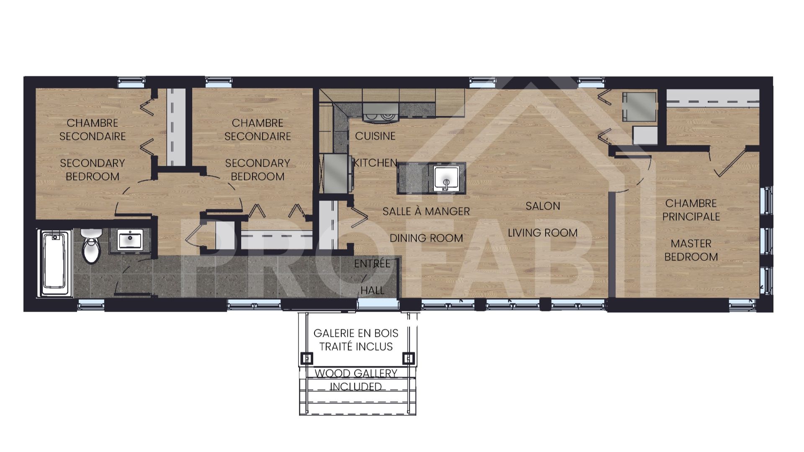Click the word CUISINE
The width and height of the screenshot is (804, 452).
[375, 136]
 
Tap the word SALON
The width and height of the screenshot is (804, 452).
[543, 206]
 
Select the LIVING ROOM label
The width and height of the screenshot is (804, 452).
[543, 233]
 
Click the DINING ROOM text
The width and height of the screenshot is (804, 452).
[426, 238]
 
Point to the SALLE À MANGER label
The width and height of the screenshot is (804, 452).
[426, 211]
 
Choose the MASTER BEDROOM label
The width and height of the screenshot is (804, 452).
[691, 250]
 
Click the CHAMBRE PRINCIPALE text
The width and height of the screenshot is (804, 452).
[691, 210]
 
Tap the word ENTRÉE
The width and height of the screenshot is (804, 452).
[372, 264]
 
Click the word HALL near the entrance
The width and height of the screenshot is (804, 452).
[372, 290]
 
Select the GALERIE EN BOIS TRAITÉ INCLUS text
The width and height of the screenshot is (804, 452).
[356, 340]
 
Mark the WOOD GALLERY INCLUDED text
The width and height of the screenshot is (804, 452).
[356, 380]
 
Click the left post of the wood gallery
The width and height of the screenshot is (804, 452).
[307, 359]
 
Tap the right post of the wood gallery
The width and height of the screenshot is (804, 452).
[408, 359]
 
